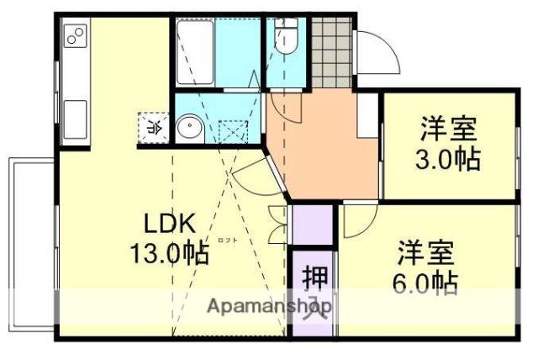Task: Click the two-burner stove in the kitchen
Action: point(75,36)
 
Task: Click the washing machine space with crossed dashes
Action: point(231,133)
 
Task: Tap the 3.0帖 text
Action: point(450,159)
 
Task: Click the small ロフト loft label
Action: point(226,241)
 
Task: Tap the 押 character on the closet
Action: point(312,277)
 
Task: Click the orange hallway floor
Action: point(324,143)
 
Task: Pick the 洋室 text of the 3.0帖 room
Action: point(450,130)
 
